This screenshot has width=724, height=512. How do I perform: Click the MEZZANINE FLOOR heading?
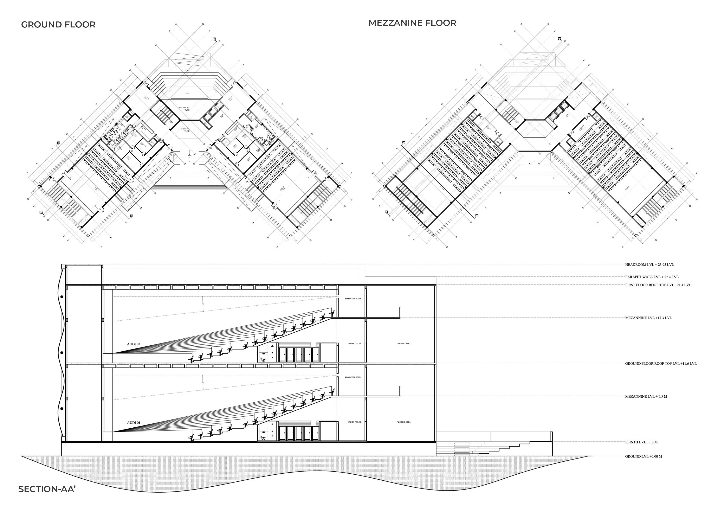[412, 23]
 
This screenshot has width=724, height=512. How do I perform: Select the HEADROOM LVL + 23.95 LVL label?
[649, 265]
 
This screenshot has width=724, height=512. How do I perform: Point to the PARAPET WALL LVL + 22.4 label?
[652, 277]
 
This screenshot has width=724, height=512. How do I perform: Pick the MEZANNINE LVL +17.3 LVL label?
[648, 318]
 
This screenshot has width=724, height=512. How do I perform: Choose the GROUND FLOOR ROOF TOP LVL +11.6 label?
[661, 363]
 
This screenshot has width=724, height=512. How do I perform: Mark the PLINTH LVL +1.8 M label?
[641, 442]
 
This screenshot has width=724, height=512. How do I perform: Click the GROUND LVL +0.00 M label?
[643, 456]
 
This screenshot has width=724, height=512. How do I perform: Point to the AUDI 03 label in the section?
[133, 344]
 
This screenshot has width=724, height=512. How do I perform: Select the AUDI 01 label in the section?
[133, 423]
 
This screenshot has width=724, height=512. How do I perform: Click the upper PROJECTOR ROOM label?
[353, 299]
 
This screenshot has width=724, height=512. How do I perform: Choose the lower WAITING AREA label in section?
[404, 422]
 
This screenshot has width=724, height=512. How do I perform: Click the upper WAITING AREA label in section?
[404, 344]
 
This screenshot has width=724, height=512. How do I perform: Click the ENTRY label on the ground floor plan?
[189, 155]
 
